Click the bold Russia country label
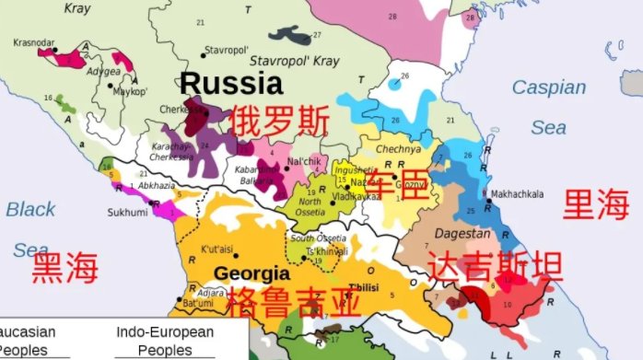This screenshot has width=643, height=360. point(231,85)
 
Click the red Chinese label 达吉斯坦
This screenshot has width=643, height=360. point(495,267)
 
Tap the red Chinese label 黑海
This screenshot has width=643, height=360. point(64,270)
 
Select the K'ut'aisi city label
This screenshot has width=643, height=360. point(220,250)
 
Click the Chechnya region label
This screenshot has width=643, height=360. point(397,148)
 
